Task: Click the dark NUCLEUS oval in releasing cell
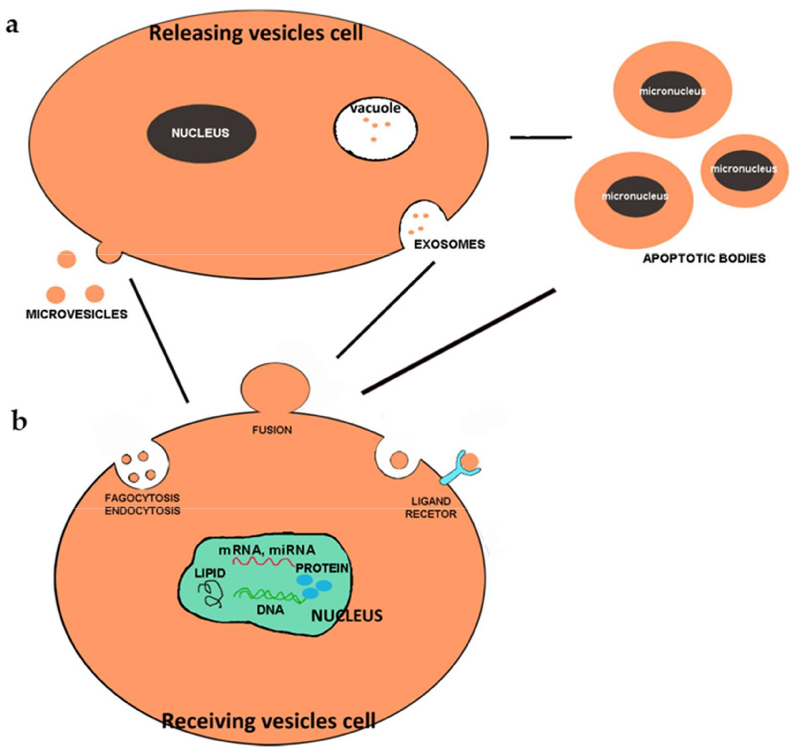click(x=201, y=133)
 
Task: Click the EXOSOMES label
click(x=449, y=244)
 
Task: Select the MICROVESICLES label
click(x=76, y=314)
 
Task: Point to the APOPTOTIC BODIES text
click(x=704, y=258)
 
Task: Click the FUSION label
click(x=272, y=430)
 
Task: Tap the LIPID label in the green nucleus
click(x=210, y=573)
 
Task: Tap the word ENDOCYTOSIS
click(x=142, y=511)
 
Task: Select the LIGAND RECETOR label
click(x=430, y=508)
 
